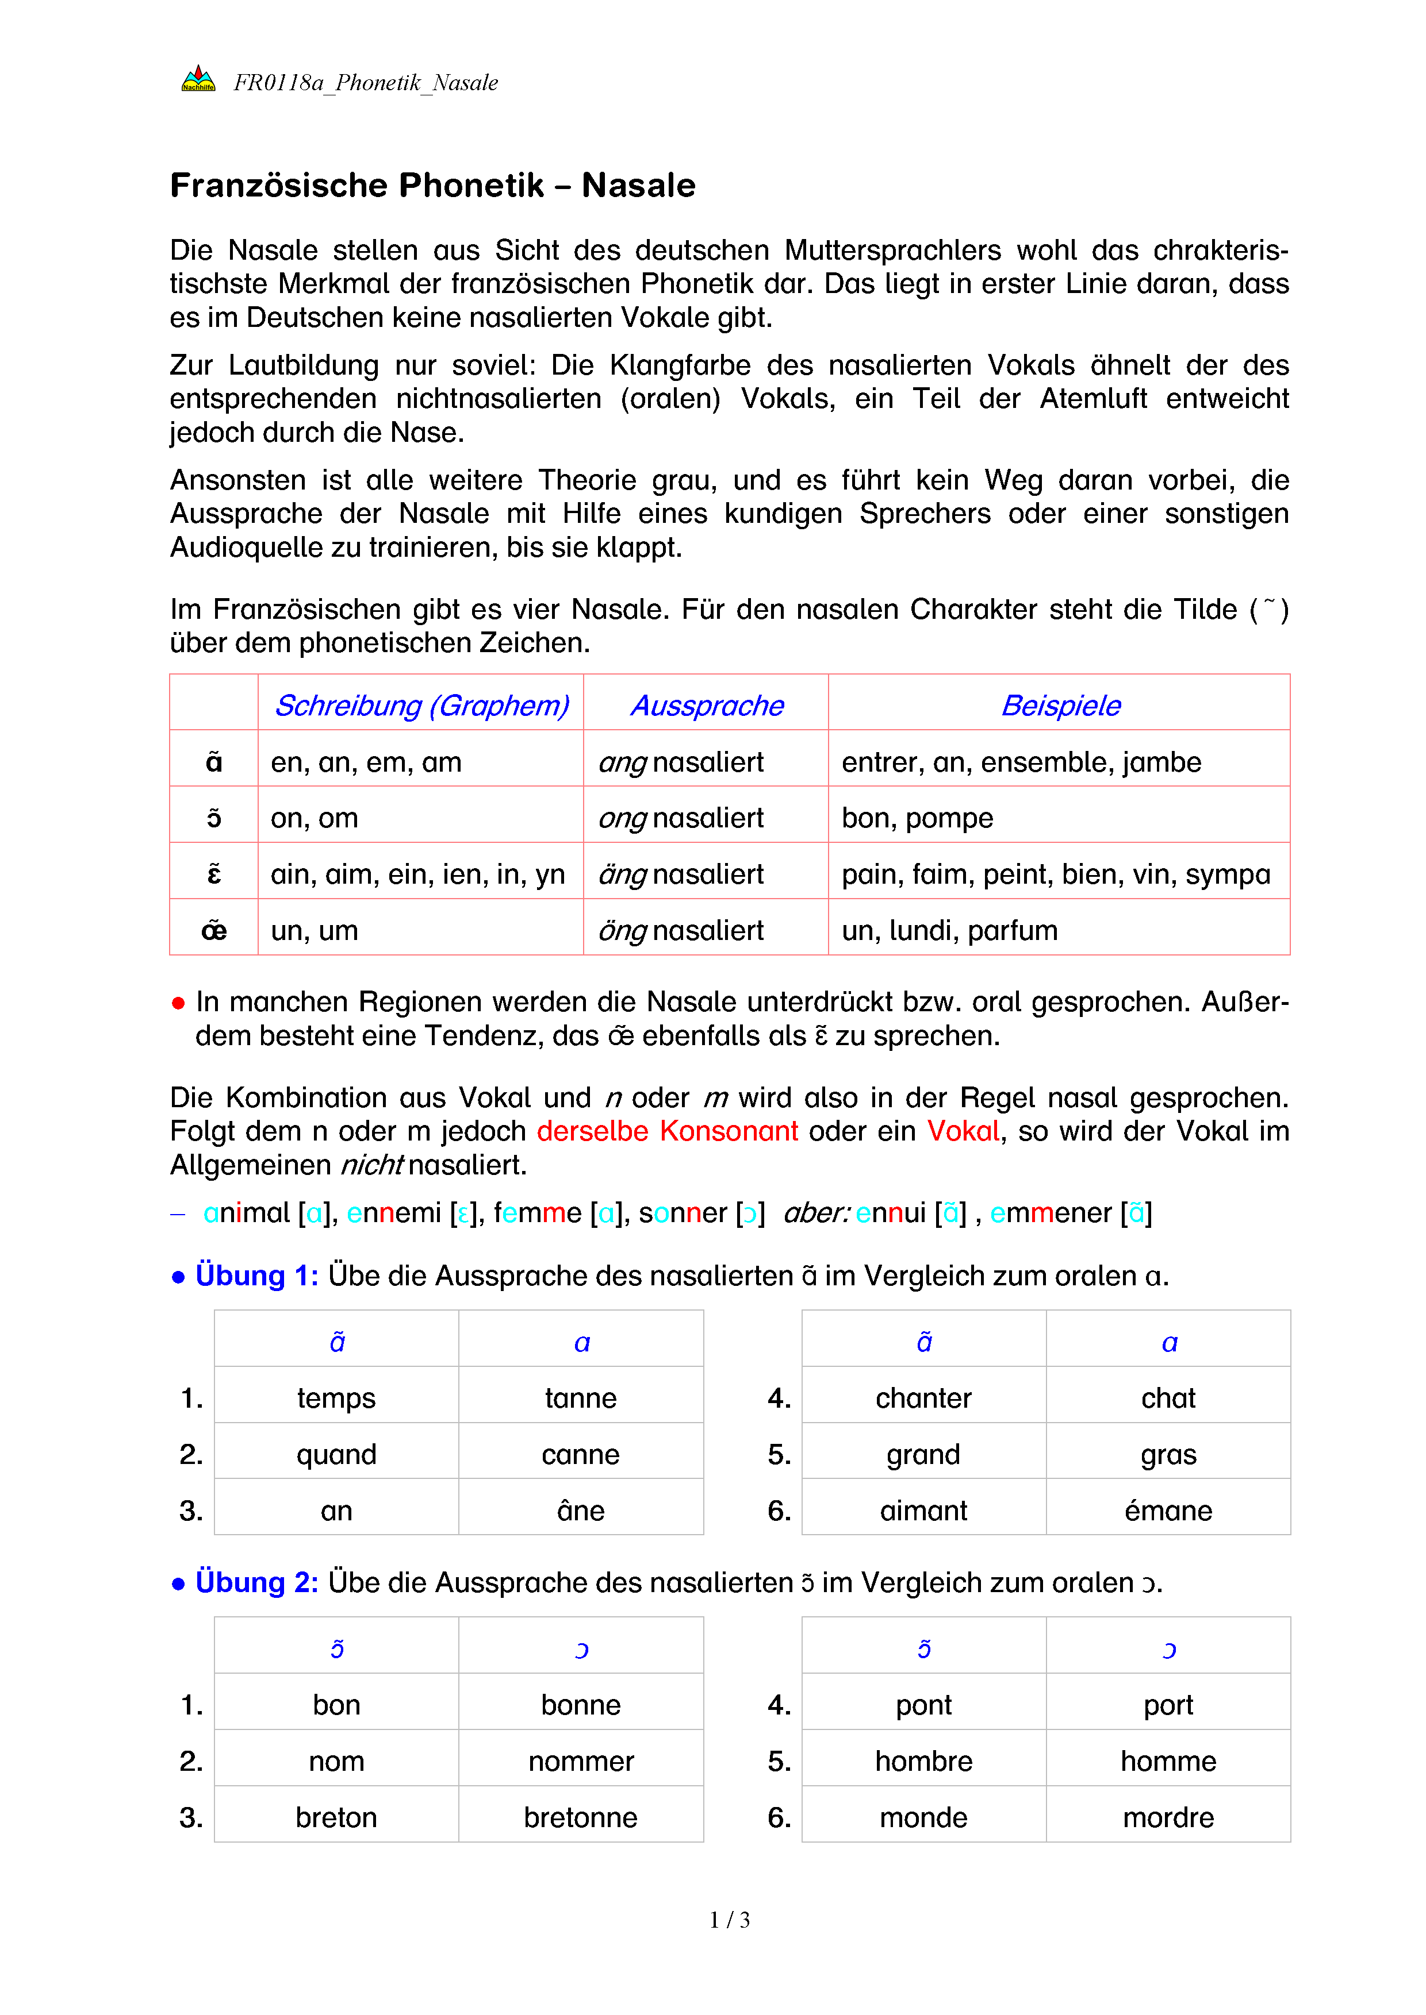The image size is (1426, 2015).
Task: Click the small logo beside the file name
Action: [x=198, y=80]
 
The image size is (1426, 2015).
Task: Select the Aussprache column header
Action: [x=707, y=706]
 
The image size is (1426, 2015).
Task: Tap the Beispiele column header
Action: [x=1061, y=706]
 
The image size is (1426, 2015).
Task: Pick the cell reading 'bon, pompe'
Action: [x=918, y=818]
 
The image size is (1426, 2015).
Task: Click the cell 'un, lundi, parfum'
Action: [x=949, y=930]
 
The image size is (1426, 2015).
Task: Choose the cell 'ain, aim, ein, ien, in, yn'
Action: [x=418, y=874]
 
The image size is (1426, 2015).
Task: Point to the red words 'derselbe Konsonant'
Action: [x=668, y=1131]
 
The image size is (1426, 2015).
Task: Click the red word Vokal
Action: [x=963, y=1131]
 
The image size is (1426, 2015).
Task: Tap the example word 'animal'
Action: [x=246, y=1213]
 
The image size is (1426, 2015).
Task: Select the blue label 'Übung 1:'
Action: [x=256, y=1275]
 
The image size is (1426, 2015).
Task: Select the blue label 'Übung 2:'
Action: [x=256, y=1582]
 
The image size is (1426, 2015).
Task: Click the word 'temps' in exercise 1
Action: [x=336, y=1398]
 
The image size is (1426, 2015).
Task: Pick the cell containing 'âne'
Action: [x=580, y=1511]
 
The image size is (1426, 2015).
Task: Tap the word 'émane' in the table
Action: [x=1168, y=1511]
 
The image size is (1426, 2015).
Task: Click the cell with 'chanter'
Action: [x=924, y=1398]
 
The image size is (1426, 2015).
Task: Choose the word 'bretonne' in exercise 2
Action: [x=580, y=1817]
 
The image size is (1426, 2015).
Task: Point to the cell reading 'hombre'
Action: [x=924, y=1762]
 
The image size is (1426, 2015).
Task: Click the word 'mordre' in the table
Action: [x=1168, y=1817]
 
